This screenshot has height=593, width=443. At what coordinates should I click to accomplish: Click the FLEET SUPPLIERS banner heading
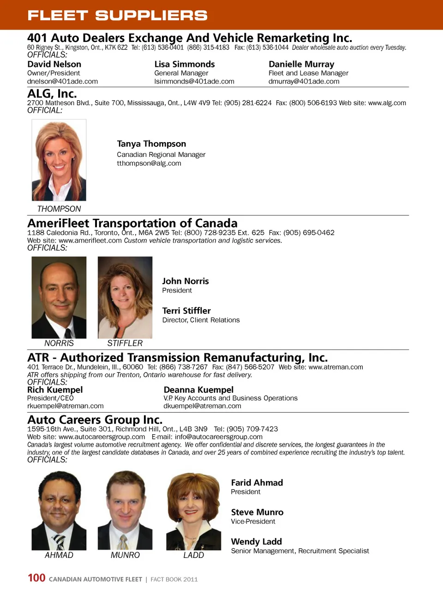pyautogui.click(x=117, y=15)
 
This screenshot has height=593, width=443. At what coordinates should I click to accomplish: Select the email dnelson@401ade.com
pyautogui.click(x=62, y=81)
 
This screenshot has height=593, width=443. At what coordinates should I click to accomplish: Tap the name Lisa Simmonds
pyautogui.click(x=185, y=64)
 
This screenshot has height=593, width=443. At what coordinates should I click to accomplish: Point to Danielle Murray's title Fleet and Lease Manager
pyautogui.click(x=308, y=73)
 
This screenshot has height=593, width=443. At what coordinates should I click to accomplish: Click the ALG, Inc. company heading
pyautogui.click(x=52, y=94)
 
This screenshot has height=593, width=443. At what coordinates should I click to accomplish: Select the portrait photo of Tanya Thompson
pyautogui.click(x=59, y=160)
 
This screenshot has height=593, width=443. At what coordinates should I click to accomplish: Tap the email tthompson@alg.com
pyautogui.click(x=149, y=163)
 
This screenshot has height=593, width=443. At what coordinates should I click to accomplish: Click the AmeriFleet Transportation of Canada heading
pyautogui.click(x=132, y=223)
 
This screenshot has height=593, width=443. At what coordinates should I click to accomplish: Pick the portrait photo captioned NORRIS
pyautogui.click(x=59, y=297)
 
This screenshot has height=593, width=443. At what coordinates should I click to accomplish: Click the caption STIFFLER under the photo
pyautogui.click(x=125, y=343)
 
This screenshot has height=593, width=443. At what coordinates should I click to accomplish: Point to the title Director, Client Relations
pyautogui.click(x=201, y=320)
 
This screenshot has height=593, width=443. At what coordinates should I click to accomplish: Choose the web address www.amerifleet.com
pyautogui.click(x=90, y=240)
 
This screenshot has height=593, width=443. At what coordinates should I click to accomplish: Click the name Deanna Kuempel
pyautogui.click(x=198, y=390)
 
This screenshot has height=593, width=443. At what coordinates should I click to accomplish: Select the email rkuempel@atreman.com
pyautogui.click(x=65, y=406)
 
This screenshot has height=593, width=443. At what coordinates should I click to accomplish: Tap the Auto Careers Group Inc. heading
pyautogui.click(x=95, y=419)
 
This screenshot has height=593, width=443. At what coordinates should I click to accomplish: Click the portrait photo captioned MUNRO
pyautogui.click(x=125, y=510)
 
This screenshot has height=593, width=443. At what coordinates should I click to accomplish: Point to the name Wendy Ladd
pyautogui.click(x=256, y=542)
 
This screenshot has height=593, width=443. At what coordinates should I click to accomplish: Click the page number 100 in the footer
pyautogui.click(x=36, y=578)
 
